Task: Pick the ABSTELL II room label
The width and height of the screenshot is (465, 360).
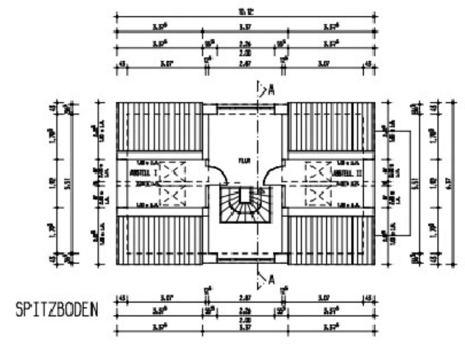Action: [347, 172]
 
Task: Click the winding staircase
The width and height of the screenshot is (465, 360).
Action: [245, 203]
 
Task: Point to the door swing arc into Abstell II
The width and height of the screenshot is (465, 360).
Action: [271, 173]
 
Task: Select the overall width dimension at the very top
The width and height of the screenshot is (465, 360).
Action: [246, 13]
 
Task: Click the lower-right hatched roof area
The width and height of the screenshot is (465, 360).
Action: [331, 240]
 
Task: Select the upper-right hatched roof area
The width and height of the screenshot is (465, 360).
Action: [331, 127]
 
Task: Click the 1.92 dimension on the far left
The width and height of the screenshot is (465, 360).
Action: [52, 184]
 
